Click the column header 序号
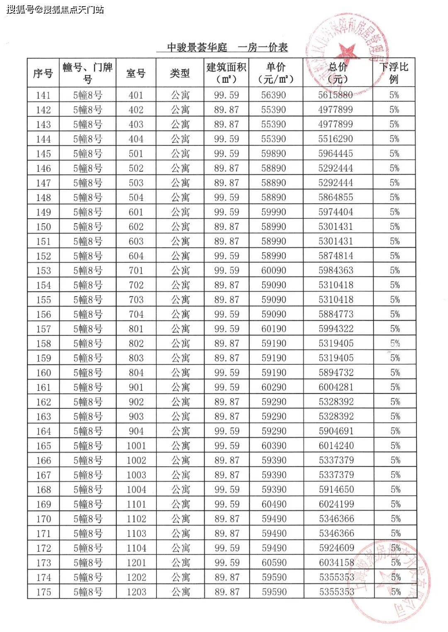[43, 73]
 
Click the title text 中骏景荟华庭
[197, 48]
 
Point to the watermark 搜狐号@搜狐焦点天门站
[55, 10]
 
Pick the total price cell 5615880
[335, 95]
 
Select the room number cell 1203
[136, 592]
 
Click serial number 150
[44, 227]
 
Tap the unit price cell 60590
[274, 563]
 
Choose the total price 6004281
[336, 388]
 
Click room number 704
[136, 314]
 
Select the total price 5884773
[336, 314]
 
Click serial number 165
[44, 446]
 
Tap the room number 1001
[136, 446]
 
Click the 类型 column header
[180, 73]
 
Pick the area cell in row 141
[226, 95]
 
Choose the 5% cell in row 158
[394, 344]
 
